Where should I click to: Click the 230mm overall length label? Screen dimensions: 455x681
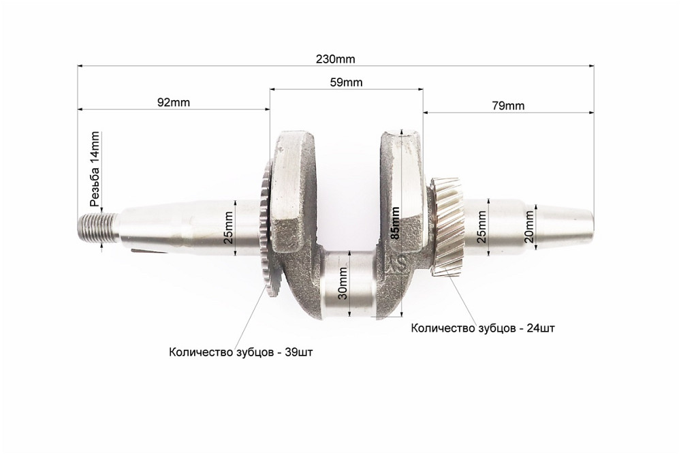[335, 59]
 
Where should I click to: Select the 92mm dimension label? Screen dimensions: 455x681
[173, 102]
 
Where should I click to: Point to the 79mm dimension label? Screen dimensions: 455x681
[507, 105]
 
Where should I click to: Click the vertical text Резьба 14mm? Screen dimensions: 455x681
[95, 169]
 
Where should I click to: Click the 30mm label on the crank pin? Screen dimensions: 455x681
[344, 283]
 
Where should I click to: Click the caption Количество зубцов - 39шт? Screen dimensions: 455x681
[242, 352]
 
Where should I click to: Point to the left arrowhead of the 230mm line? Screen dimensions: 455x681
[80, 66]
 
